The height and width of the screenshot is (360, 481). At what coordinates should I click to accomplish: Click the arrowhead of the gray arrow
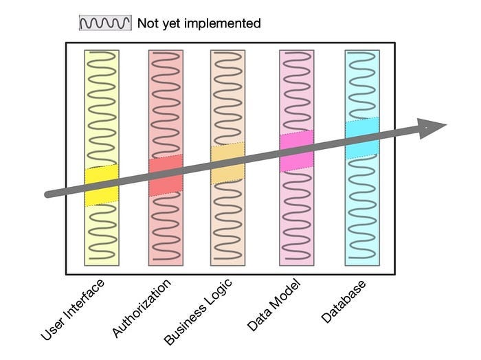click(x=432, y=127)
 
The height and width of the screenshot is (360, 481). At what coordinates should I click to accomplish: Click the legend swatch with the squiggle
click(x=104, y=23)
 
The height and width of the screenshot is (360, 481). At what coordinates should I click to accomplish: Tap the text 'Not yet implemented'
click(x=199, y=23)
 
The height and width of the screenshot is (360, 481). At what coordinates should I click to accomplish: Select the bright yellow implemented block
click(x=102, y=185)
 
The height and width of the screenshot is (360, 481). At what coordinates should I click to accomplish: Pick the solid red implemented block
click(x=166, y=176)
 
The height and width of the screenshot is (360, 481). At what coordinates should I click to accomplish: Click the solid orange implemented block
click(x=227, y=164)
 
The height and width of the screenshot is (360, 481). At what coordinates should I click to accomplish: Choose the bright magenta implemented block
click(x=296, y=150)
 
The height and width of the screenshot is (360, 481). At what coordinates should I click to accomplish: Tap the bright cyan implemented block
click(x=361, y=138)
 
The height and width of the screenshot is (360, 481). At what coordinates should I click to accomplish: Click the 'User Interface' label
click(x=73, y=311)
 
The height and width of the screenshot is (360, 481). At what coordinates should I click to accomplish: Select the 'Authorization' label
click(x=141, y=308)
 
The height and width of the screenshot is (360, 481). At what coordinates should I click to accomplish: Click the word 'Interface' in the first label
click(x=83, y=300)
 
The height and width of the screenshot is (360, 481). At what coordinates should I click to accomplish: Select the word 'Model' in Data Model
click(x=283, y=296)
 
